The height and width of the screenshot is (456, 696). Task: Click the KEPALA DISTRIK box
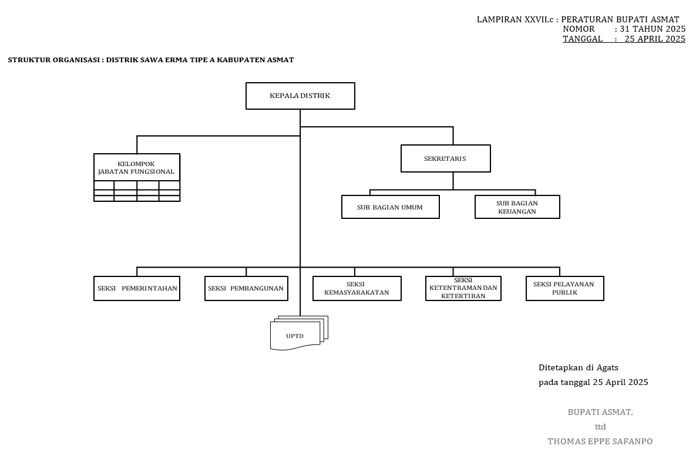pyautogui.click(x=300, y=96)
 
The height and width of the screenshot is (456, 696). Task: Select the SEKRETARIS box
pyautogui.click(x=445, y=158)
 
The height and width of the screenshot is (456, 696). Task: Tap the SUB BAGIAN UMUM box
pyautogui.click(x=390, y=207)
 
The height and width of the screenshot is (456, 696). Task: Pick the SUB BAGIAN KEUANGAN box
pyautogui.click(x=517, y=207)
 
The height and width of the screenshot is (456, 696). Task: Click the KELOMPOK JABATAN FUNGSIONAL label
pyautogui.click(x=136, y=167)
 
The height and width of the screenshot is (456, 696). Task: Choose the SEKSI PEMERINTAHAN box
pyautogui.click(x=137, y=289)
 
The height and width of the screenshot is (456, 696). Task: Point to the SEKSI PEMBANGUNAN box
pyautogui.click(x=246, y=289)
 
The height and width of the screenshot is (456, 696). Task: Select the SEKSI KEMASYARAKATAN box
pyautogui.click(x=357, y=289)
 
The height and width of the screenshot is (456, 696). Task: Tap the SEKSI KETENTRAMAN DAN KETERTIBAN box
pyautogui.click(x=463, y=289)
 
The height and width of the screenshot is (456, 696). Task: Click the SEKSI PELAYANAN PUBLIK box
pyautogui.click(x=564, y=289)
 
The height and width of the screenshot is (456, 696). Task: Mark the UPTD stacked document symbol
pyautogui.click(x=297, y=335)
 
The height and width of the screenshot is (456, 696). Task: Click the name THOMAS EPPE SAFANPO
pyautogui.click(x=600, y=441)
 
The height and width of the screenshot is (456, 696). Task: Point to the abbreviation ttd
pyautogui.click(x=600, y=427)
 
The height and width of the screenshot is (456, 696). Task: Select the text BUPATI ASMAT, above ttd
pyautogui.click(x=600, y=412)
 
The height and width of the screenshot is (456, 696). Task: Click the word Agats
pyautogui.click(x=607, y=368)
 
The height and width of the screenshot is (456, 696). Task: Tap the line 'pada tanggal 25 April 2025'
pyautogui.click(x=593, y=382)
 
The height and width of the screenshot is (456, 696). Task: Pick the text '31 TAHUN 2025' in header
pyautogui.click(x=653, y=29)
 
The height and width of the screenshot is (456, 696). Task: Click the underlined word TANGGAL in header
pyautogui.click(x=582, y=39)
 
